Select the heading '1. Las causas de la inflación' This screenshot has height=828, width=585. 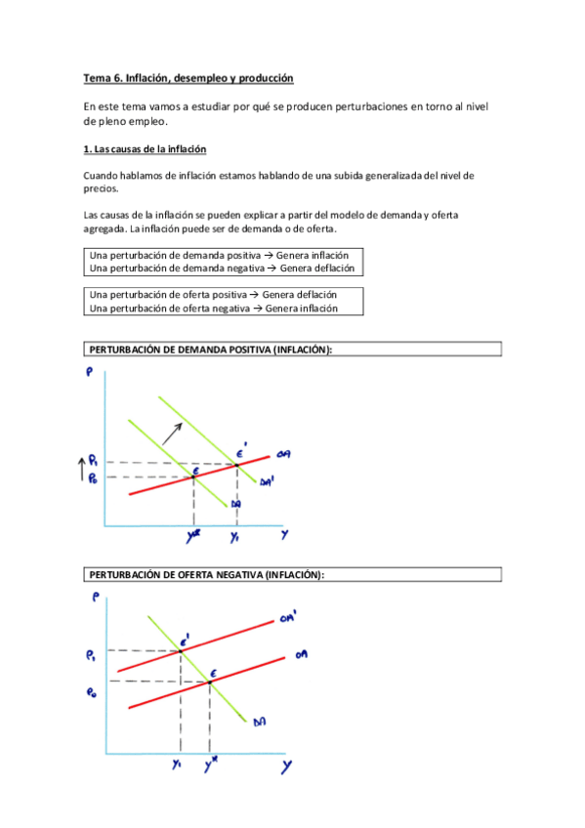[144, 149]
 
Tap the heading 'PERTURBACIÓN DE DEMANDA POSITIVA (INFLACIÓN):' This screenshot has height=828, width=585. [211, 350]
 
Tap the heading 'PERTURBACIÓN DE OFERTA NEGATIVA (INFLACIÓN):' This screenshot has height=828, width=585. [205, 575]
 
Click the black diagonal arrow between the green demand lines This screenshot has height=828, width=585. [173, 429]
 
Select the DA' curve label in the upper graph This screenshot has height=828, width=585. [267, 481]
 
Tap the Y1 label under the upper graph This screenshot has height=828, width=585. [234, 536]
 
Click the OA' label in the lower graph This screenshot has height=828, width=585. [288, 616]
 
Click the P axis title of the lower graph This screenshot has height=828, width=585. [94, 600]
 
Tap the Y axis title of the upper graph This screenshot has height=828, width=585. [284, 535]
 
